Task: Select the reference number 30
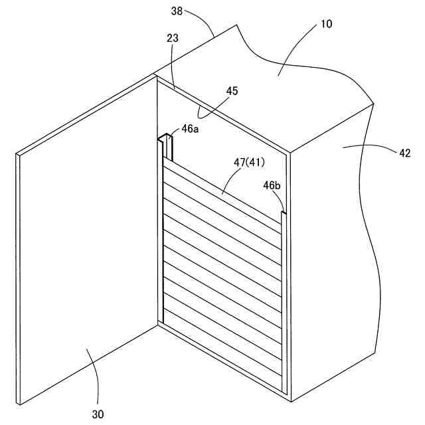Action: point(98,414)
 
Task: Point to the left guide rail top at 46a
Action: point(166,141)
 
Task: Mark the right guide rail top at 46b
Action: point(284,214)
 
